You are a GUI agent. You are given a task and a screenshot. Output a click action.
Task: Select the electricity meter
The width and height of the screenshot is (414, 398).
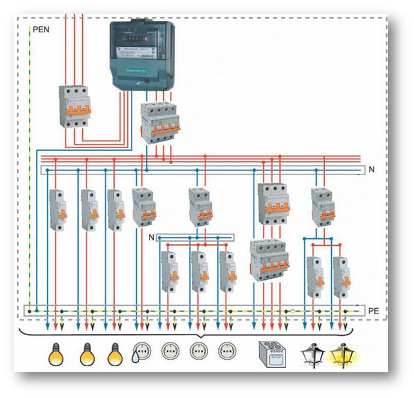143,56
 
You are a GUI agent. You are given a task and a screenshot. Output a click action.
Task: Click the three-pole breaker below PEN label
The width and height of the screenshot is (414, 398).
74,106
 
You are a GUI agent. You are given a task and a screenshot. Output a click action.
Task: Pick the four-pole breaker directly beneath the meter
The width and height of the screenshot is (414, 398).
158,122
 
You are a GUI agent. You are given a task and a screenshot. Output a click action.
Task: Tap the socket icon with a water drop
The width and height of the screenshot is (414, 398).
142,352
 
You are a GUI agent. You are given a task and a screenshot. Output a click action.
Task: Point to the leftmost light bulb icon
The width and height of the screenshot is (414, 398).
55,354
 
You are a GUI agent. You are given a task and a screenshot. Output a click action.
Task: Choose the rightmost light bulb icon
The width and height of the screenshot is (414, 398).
115,354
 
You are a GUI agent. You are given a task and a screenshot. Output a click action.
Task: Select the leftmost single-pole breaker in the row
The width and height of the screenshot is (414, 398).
58,210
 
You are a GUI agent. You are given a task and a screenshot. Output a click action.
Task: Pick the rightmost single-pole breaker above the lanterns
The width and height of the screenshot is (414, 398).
341,277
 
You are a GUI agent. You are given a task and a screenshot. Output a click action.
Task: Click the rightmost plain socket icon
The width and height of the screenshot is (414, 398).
227,351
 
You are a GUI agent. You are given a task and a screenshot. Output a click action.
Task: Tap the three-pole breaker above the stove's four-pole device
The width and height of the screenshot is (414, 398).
273,204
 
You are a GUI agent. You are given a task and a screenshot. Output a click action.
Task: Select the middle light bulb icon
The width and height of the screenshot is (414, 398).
87,354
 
